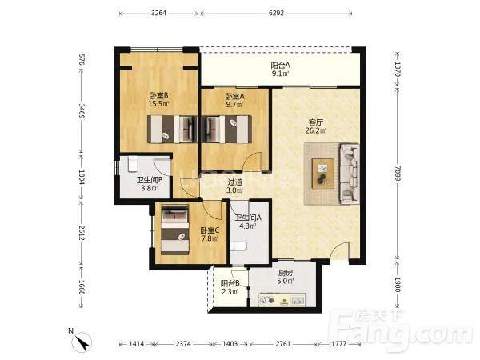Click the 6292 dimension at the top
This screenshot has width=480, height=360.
[x=276, y=13]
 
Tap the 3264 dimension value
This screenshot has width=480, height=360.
[x=158, y=13]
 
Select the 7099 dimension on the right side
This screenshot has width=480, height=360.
[x=397, y=174]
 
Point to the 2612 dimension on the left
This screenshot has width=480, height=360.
[x=82, y=233]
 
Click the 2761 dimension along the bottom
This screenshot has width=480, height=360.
[x=283, y=344]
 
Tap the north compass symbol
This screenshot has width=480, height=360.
[x=82, y=342]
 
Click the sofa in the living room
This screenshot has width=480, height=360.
[x=350, y=174]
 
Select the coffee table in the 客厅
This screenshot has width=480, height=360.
[x=322, y=174]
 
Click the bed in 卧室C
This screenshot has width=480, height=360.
[x=174, y=230]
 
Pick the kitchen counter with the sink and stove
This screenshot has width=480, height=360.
[x=282, y=300]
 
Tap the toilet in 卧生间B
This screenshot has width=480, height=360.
[x=132, y=164]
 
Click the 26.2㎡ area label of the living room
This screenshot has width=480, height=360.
[x=316, y=130]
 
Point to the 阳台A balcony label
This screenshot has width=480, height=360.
[x=280, y=66]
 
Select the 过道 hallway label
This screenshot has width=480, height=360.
[x=234, y=182]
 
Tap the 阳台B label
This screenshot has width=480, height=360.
[x=230, y=284]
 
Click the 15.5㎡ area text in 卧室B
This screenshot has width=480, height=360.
[x=158, y=104]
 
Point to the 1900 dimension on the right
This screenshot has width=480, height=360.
[x=397, y=285]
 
